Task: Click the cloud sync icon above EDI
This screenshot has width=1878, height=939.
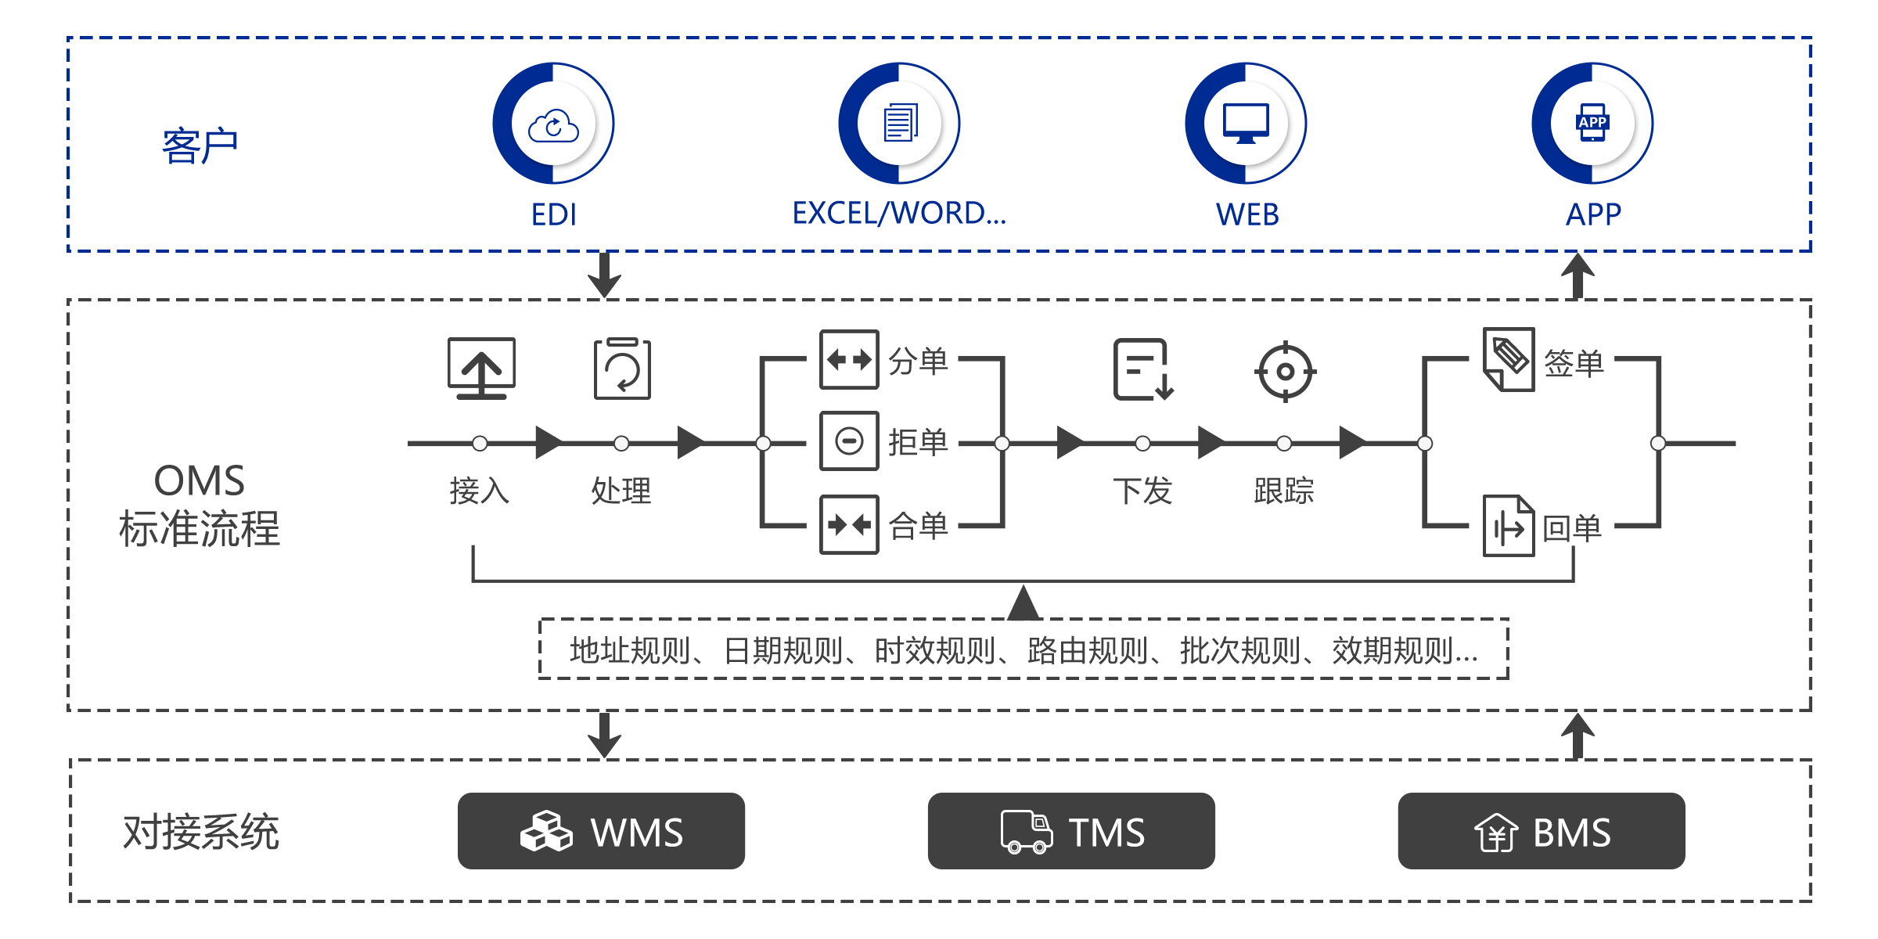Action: point(554,124)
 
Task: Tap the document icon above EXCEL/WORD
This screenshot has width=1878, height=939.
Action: point(900,124)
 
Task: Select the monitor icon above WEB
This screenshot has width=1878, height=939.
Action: point(1246,124)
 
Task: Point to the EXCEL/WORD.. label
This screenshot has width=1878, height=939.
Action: point(900,214)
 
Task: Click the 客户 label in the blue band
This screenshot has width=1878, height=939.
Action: point(196,146)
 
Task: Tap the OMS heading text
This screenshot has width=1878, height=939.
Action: point(200,481)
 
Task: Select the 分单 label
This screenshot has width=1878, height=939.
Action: point(919,361)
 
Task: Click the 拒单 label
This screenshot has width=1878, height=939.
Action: point(919,442)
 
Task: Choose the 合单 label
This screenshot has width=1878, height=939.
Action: point(919,525)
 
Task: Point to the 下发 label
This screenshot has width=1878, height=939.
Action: point(1139,491)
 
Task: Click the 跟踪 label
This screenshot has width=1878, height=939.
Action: point(1279,491)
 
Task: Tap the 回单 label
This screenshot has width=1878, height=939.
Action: point(1570,528)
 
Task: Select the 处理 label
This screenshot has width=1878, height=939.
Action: point(617,491)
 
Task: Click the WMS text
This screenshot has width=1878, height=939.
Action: point(637,833)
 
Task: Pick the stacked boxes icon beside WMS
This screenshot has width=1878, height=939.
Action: point(546,831)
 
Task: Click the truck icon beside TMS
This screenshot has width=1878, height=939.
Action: point(1026,832)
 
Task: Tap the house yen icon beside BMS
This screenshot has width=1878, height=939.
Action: point(1496,833)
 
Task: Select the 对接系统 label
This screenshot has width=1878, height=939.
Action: point(199,831)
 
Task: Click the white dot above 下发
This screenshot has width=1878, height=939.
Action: point(1142,444)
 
